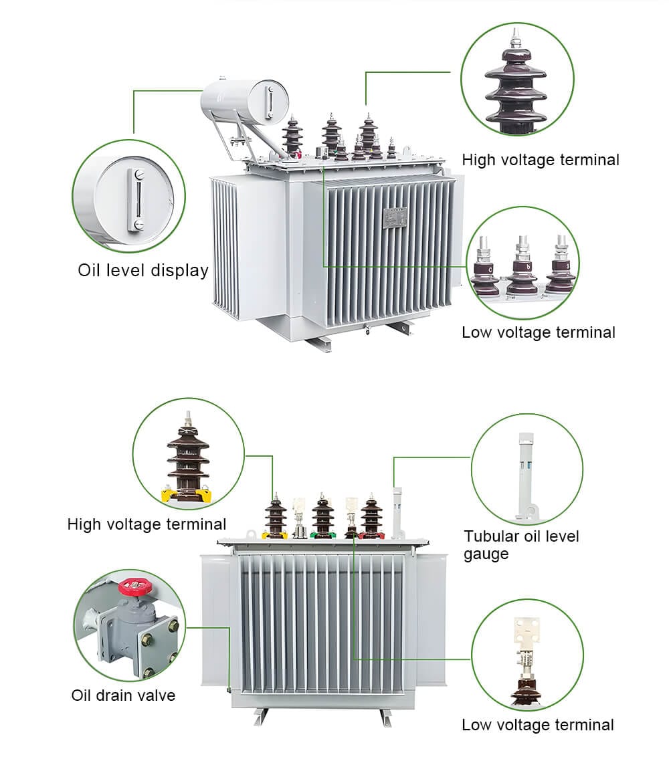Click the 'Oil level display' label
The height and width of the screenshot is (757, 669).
click(x=142, y=270)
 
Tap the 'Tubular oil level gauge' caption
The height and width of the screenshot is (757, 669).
click(x=521, y=544)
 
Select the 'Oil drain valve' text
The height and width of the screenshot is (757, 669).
click(x=123, y=695)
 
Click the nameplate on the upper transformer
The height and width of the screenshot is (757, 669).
click(x=394, y=217)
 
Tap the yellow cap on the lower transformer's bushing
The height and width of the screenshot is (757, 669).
click(x=274, y=535)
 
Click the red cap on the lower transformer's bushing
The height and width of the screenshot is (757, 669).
click(x=372, y=535)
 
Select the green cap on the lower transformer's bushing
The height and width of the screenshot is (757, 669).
click(x=322, y=535)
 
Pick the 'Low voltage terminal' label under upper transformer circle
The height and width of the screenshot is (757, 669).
click(x=538, y=332)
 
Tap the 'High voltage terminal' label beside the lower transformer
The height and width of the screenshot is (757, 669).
click(x=147, y=524)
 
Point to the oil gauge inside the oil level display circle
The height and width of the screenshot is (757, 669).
click(x=136, y=199)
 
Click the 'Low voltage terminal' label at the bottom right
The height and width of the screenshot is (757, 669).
click(x=537, y=724)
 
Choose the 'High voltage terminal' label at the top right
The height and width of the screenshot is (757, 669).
click(x=541, y=160)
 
